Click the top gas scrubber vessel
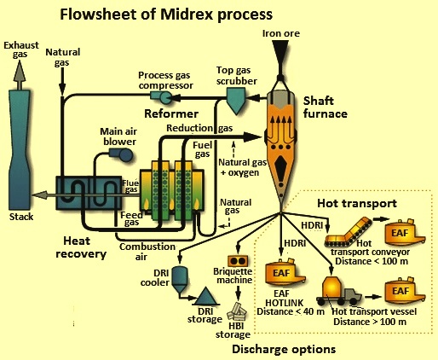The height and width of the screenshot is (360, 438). [236, 100]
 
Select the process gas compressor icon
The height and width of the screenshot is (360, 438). [161, 98]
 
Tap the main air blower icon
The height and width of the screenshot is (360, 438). [121, 155]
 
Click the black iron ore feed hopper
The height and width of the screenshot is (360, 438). [280, 55]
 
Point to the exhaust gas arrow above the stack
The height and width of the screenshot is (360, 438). [19, 75]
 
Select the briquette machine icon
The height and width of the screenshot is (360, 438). [238, 261]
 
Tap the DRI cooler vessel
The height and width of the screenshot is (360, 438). [180, 280]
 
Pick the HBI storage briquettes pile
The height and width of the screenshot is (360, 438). [237, 312]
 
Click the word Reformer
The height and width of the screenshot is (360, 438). [171, 113]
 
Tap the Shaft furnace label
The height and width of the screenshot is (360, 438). [326, 107]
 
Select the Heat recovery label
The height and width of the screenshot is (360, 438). [81, 247]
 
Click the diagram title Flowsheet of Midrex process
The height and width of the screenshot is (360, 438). [166, 15]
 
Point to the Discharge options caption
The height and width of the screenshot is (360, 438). [284, 349]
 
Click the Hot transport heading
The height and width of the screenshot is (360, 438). [357, 203]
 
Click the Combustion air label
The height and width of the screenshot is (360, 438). [147, 252]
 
